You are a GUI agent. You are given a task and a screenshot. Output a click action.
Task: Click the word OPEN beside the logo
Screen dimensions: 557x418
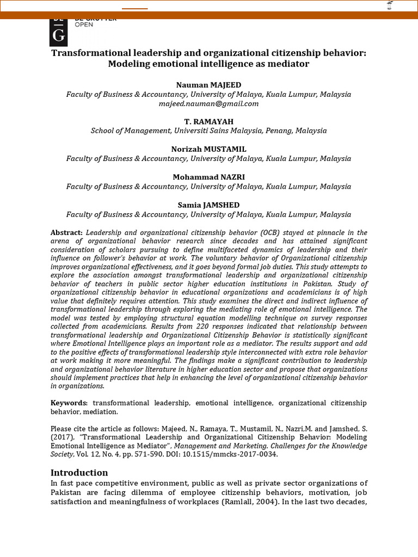tap(84, 25)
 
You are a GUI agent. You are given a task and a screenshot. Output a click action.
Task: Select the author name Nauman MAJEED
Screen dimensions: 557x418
tap(208, 85)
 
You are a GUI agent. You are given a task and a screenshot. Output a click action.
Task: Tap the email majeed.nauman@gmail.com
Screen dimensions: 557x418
tap(208, 103)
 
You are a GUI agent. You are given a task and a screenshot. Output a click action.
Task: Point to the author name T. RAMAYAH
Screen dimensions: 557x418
tap(208, 121)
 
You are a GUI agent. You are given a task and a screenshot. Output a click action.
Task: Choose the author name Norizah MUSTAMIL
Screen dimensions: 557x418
tap(208, 149)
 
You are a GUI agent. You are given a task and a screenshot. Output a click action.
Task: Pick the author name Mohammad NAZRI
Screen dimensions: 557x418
tap(208, 177)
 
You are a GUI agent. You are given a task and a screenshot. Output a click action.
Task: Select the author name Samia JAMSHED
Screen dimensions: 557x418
tap(208, 205)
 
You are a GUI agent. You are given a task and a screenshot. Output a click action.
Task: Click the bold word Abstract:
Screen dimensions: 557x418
tap(66, 232)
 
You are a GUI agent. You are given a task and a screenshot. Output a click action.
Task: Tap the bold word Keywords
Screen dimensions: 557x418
tap(69, 403)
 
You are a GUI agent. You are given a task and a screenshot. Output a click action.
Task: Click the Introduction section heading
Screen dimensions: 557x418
tap(79, 472)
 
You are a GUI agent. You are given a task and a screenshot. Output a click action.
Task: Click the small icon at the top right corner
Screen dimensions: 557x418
tap(389, 6)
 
